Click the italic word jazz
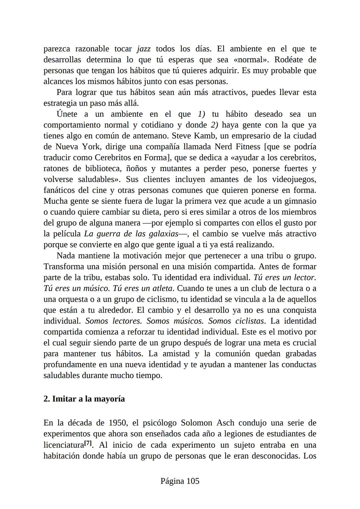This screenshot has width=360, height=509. (x=144, y=49)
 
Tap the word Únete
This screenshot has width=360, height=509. (x=67, y=114)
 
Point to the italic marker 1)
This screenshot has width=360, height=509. (x=201, y=114)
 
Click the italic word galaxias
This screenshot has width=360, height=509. (x=163, y=234)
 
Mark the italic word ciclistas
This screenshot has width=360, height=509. (x=250, y=321)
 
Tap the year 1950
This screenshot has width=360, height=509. (x=118, y=423)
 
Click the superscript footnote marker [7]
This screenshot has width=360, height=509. (x=88, y=443)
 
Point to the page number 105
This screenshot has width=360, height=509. (x=193, y=481)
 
